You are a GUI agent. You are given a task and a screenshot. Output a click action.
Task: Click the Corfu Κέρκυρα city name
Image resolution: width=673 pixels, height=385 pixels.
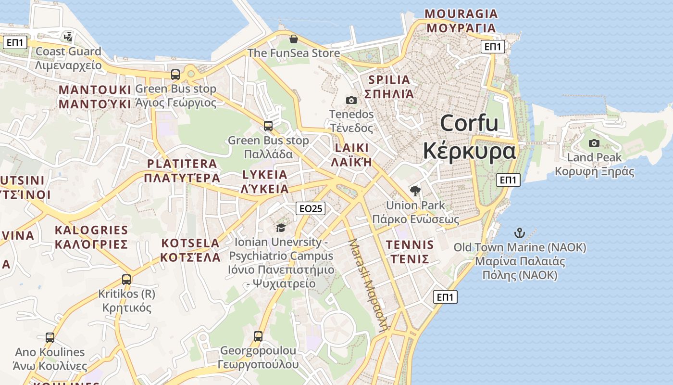[469, 137]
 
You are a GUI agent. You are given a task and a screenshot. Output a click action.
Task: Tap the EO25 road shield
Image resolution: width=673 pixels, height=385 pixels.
[311, 208]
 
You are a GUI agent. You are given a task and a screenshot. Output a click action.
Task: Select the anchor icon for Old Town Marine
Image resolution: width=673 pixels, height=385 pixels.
[519, 233]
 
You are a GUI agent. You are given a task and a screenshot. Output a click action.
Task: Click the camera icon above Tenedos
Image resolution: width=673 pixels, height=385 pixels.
[351, 100]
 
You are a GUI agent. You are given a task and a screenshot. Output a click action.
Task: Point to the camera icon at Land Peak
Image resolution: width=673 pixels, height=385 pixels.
[594, 143]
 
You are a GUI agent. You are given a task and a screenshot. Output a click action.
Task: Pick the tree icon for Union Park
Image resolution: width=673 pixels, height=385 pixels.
[415, 191]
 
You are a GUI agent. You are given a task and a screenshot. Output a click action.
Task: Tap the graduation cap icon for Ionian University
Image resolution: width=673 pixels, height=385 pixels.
[281, 228]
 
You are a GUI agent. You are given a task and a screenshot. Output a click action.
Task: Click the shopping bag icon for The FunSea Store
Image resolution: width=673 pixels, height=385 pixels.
[293, 39]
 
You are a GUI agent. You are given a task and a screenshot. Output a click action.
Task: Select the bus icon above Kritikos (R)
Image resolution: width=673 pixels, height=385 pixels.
[126, 279]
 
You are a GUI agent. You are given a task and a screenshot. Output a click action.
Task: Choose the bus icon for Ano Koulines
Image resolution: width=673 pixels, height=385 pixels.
[50, 338]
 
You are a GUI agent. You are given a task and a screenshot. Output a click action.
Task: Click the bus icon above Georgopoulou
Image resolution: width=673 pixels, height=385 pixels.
[258, 336]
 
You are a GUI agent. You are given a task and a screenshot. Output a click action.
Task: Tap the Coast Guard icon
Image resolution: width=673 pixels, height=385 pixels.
[68, 37]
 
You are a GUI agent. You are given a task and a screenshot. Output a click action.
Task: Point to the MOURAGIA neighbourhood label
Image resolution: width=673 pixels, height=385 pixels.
[461, 21]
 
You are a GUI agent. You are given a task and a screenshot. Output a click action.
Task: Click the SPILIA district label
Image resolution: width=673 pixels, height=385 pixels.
[389, 87]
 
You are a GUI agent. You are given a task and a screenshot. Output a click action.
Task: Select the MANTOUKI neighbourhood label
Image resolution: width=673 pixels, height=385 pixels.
[95, 97]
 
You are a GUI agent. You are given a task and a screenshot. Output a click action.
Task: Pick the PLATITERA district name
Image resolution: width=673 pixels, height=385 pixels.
[182, 171]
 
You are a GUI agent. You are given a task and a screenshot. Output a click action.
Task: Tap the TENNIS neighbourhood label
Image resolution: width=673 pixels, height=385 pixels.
[410, 252]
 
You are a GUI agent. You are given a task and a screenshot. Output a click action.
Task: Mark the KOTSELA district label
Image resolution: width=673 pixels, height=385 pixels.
[190, 250]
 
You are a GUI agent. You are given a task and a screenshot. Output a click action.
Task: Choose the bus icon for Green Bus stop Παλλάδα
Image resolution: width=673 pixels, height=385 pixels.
[268, 126]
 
